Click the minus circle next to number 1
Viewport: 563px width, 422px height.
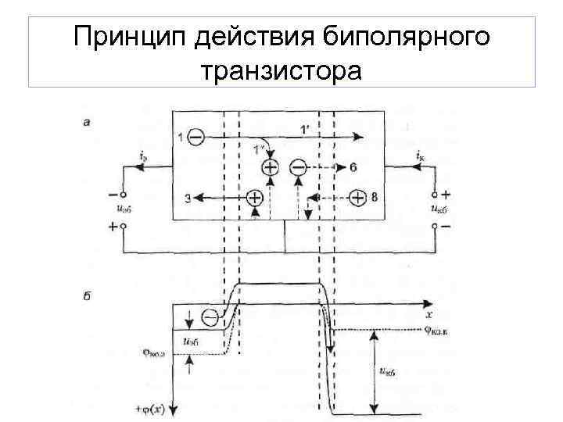pos(195,138)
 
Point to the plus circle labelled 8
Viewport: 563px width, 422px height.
pos(357,198)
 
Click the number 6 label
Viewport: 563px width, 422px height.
pos(353,167)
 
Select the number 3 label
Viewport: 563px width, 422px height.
pos(188,199)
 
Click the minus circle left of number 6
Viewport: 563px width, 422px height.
pos(299,167)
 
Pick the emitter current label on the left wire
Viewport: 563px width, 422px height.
pos(141,156)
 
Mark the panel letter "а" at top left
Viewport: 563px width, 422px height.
pos(86,120)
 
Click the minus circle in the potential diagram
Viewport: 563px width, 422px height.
pos(210,318)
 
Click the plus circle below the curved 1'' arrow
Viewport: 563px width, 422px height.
pos(270,167)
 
